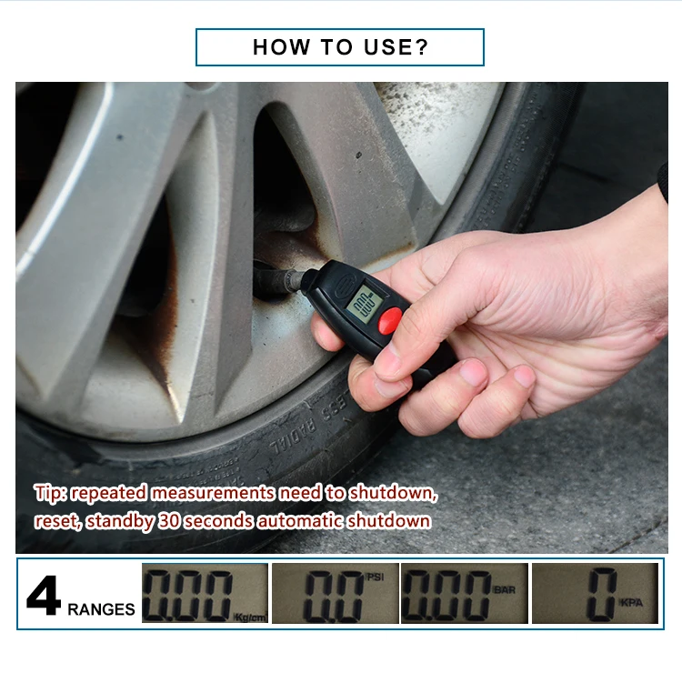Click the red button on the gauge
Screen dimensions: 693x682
coord(390,319)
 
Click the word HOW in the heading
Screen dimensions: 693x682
coord(279,47)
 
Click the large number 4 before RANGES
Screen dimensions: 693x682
coord(43,597)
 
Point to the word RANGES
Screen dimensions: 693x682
coord(101,608)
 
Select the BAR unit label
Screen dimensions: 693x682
coord(504,589)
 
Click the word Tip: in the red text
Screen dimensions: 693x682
coord(51,494)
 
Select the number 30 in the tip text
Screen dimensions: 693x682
coord(167,522)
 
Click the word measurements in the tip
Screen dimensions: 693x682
coord(212,494)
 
